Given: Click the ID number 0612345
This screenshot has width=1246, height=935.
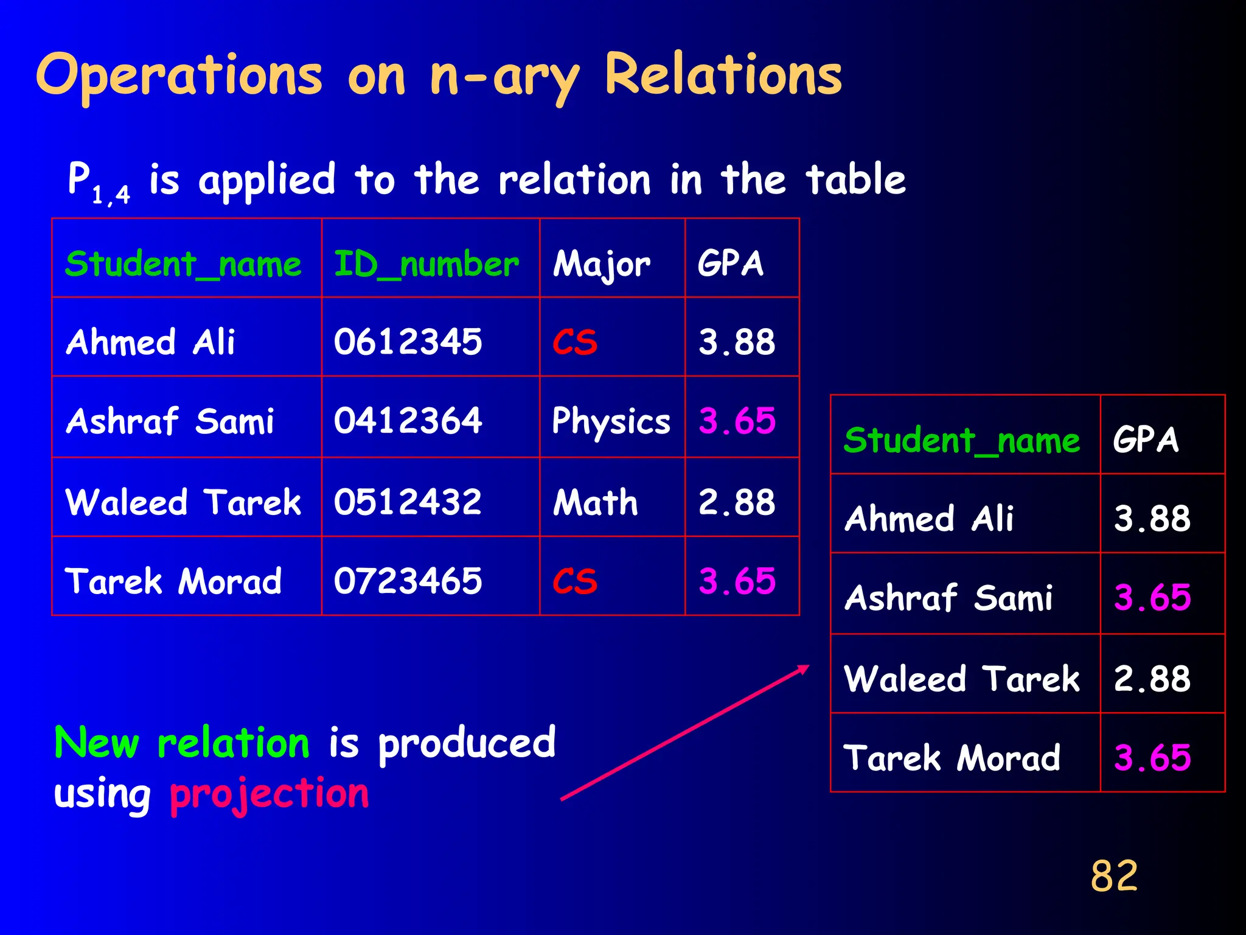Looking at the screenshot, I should tap(408, 341).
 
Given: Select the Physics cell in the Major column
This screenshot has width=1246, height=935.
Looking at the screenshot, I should tap(611, 421).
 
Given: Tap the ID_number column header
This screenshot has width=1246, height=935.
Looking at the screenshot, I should tap(426, 264).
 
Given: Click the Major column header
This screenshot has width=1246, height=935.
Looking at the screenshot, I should tap(601, 265).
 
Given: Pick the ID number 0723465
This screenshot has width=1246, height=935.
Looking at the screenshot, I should tap(408, 581).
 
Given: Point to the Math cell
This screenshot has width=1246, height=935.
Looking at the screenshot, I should tap(595, 502).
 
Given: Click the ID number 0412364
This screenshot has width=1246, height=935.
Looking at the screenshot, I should tap(408, 421).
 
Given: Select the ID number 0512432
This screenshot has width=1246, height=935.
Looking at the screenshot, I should tap(408, 502).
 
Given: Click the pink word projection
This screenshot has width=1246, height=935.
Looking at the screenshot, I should tap(270, 794).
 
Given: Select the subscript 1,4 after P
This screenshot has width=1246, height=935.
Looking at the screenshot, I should tap(111, 195).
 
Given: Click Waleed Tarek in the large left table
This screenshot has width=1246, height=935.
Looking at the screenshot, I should tap(183, 502).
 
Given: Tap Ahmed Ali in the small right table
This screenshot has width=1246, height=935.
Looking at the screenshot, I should tap(929, 519).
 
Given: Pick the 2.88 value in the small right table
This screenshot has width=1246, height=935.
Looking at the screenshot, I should tap(1152, 679).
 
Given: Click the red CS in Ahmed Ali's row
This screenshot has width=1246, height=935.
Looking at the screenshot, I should tap(575, 342).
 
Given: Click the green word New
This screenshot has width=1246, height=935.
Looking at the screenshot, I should tap(97, 743).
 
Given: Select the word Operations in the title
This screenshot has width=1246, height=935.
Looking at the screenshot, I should tap(179, 76).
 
